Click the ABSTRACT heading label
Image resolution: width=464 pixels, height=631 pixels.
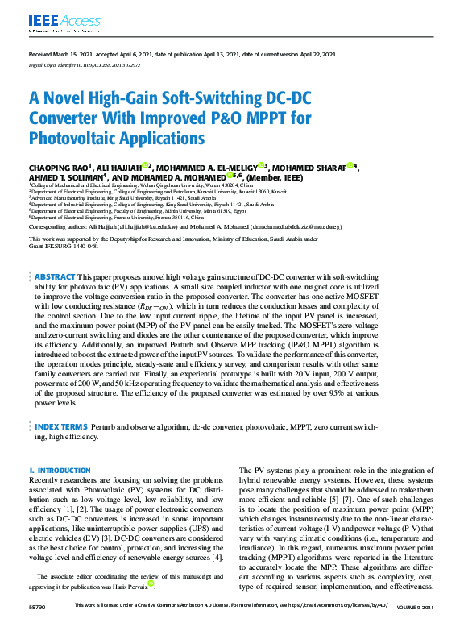pos(55,276)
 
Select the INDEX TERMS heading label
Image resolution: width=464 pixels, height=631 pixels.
pos(60,426)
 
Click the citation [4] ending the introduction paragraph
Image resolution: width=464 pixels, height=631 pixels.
pos(219,558)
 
